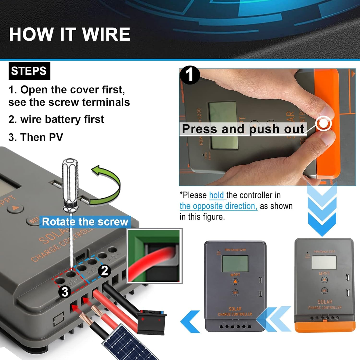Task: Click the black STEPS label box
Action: pos(29,71)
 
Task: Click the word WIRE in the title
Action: pos(106,34)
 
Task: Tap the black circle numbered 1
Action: pos(190,75)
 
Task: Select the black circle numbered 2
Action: pos(104,271)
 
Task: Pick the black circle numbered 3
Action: pos(64,291)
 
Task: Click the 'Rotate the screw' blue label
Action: pos(85,222)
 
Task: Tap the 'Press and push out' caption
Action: pos(243,129)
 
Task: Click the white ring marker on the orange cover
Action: pos(323,123)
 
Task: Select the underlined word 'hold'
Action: pos(216,195)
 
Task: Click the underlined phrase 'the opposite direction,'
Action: pos(218,206)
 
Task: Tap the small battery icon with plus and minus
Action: pos(151,322)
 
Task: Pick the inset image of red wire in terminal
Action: pos(154,256)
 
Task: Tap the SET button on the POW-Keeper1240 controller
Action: pos(235,292)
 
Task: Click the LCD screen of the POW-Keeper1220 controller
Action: pos(324,263)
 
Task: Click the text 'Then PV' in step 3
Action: pos(42,137)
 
